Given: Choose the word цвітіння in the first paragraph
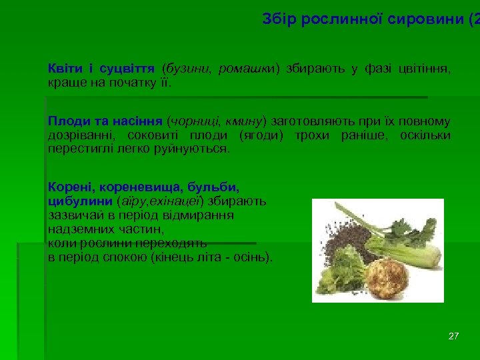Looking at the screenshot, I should (x=424, y=69).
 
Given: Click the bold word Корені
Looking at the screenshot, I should (x=68, y=187).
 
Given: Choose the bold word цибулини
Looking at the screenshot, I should (x=81, y=201).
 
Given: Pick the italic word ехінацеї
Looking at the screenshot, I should (x=175, y=201).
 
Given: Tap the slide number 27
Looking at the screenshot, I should (x=453, y=336).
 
